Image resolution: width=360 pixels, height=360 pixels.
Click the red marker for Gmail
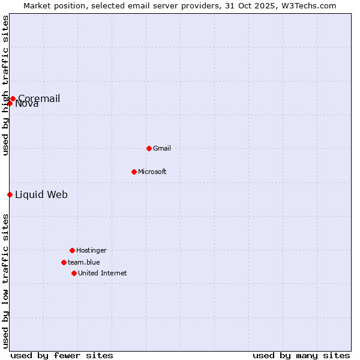click(x=149, y=148)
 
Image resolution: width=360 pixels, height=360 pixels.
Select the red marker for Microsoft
click(x=134, y=172)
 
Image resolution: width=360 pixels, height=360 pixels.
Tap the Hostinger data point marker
click(x=72, y=250)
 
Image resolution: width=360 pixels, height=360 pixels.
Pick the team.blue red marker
click(x=64, y=262)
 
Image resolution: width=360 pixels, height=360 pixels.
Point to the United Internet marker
click(x=74, y=273)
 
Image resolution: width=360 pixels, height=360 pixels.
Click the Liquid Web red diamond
click(x=10, y=194)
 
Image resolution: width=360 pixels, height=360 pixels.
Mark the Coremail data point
click(x=13, y=98)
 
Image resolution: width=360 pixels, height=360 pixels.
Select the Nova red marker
click(x=10, y=103)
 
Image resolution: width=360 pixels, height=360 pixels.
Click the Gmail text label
click(x=162, y=148)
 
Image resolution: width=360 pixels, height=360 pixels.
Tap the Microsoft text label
click(x=152, y=172)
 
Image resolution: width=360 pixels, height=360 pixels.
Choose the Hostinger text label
click(x=91, y=250)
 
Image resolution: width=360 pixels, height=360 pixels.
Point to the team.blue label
click(x=84, y=262)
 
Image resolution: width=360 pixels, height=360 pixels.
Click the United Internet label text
click(x=103, y=273)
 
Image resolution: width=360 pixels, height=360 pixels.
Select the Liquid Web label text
click(x=41, y=194)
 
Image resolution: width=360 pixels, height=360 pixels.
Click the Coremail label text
click(x=39, y=98)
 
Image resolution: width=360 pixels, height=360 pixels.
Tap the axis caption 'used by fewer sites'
click(x=62, y=355)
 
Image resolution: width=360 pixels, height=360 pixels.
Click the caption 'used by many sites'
click(x=301, y=355)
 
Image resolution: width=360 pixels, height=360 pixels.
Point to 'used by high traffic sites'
click(x=5, y=85)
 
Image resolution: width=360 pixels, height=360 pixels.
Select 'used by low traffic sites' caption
click(x=5, y=281)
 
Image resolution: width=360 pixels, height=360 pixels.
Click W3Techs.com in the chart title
click(x=307, y=5)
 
